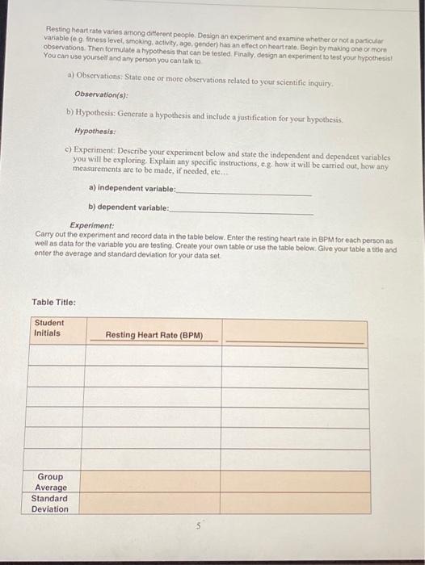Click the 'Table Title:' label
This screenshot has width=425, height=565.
(54, 302)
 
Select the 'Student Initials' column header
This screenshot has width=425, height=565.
(49, 328)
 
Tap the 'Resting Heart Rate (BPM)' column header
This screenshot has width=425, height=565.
(154, 334)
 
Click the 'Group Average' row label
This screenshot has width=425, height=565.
(50, 482)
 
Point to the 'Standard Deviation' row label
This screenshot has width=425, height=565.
(50, 504)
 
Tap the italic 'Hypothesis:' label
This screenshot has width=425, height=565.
(95, 130)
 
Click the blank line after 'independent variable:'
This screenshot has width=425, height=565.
(242, 190)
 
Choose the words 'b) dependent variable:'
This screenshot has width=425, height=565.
(129, 207)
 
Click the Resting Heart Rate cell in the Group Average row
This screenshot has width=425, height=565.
(151, 482)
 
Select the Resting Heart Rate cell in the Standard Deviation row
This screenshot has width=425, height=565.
(151, 504)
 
